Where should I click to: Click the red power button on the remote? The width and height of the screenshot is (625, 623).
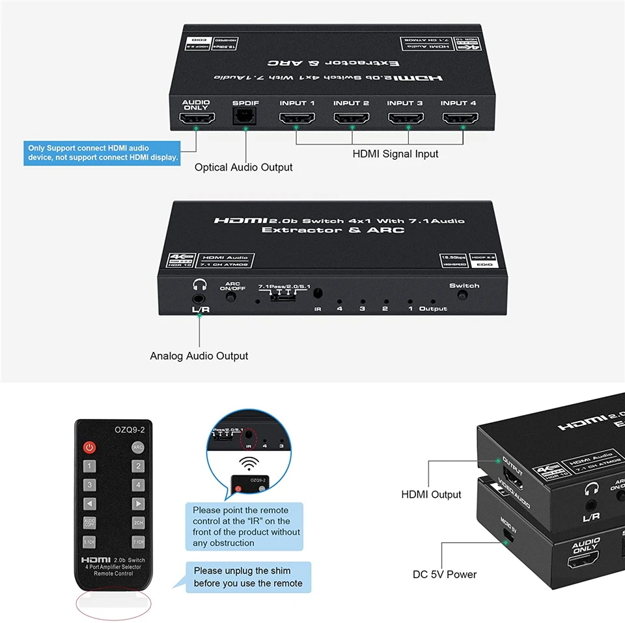[89, 447]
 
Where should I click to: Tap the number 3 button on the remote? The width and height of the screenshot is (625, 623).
[89, 485]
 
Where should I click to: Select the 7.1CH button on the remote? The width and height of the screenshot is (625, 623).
[138, 542]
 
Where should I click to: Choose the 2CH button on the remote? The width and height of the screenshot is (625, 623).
[138, 523]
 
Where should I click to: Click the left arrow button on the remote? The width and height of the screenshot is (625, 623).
[89, 504]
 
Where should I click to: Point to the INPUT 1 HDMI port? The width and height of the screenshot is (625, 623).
[297, 119]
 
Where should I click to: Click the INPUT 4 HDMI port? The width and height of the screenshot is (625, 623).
[458, 119]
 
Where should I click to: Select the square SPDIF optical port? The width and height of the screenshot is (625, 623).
[245, 116]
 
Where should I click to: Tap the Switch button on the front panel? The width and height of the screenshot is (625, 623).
[463, 295]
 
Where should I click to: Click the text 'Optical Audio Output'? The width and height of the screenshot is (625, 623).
[243, 167]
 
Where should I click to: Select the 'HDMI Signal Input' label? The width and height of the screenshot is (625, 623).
[395, 154]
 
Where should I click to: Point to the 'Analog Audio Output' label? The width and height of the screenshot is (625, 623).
[199, 356]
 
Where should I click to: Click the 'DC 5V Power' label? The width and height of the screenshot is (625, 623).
[445, 574]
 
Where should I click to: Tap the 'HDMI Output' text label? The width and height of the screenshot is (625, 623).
[431, 495]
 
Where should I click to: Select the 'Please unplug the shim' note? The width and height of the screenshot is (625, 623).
[248, 577]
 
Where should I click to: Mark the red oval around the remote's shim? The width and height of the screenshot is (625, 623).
[114, 602]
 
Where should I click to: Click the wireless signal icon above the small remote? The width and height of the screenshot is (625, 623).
[247, 464]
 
